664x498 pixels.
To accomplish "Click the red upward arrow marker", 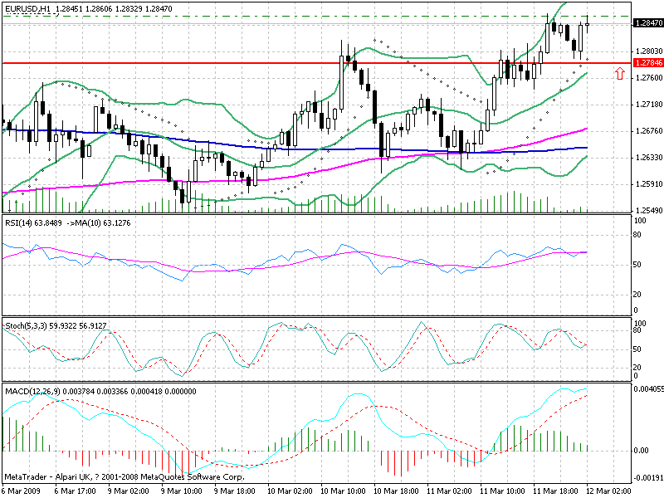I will tap(620, 74).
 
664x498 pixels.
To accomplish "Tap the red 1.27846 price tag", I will tap(647, 63).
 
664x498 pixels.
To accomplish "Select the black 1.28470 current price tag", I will tap(647, 24).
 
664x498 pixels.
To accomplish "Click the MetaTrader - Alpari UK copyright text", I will tap(124, 477).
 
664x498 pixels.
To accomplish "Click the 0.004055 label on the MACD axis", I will tap(648, 388).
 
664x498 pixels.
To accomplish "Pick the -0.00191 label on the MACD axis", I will tap(648, 479).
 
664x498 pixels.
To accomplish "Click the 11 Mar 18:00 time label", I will tap(560, 491).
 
